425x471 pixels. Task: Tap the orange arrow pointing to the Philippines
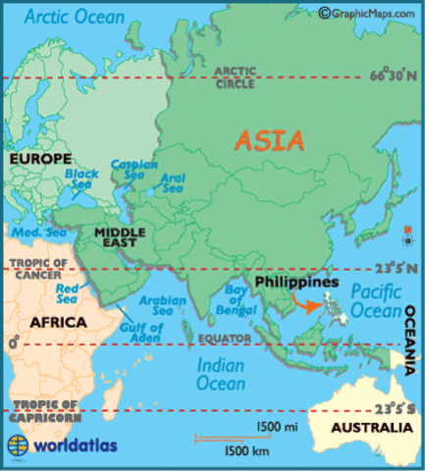pos(311,305)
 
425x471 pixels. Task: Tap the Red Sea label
pos(70,294)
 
